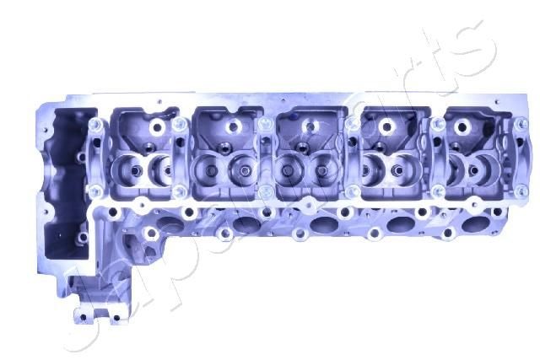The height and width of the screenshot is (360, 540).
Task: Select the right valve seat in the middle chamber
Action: [x=325, y=169]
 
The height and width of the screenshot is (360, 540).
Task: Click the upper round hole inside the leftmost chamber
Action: [x=156, y=128]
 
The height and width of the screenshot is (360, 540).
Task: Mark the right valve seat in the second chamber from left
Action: [x=240, y=169]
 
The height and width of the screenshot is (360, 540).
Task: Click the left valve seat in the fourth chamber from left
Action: [x=371, y=169]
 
